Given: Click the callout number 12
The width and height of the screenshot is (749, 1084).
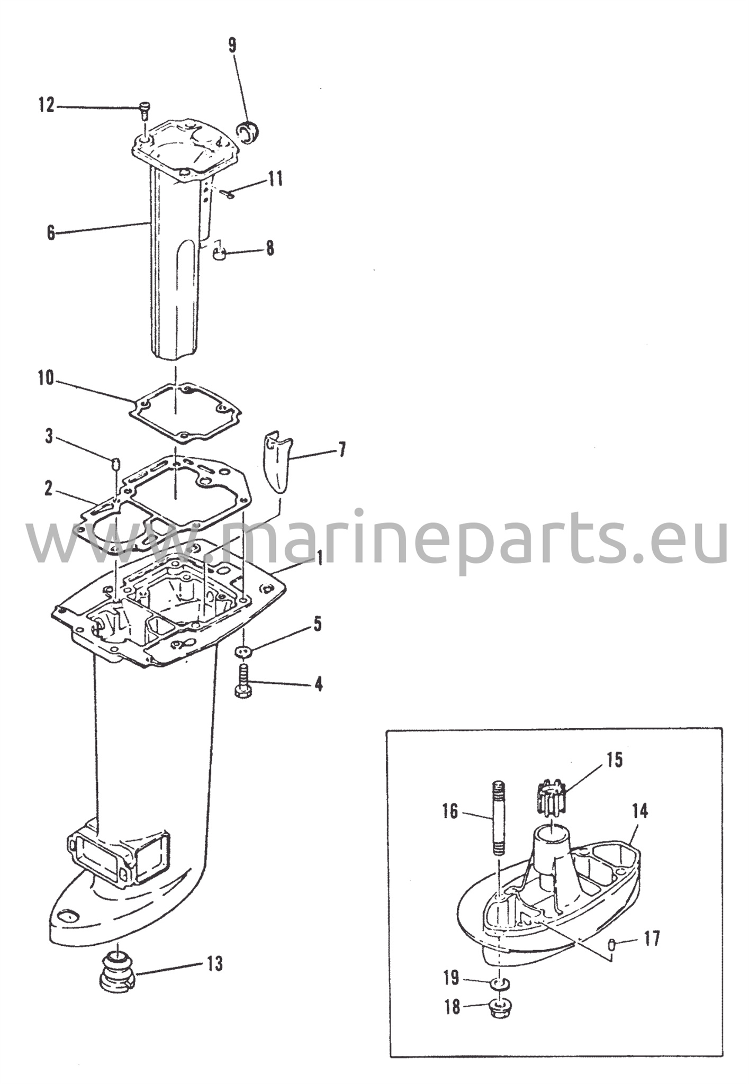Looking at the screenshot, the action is (x=46, y=105).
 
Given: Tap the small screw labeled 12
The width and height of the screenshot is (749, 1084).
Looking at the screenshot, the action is (x=145, y=111).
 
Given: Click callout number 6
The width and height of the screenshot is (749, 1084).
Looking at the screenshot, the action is (x=51, y=232).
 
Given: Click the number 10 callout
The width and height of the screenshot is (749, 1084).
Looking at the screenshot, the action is (x=46, y=378).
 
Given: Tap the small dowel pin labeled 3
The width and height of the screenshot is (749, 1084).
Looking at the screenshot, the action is (x=115, y=464).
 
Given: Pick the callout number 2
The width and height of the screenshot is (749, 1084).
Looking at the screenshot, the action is (x=48, y=489).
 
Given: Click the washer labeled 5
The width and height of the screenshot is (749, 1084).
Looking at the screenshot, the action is (x=244, y=652).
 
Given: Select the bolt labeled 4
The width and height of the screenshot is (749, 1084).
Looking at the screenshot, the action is (x=243, y=682).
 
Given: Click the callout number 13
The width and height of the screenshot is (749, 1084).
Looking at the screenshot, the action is (x=214, y=963).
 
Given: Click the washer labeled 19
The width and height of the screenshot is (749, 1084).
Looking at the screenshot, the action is (x=499, y=983).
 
